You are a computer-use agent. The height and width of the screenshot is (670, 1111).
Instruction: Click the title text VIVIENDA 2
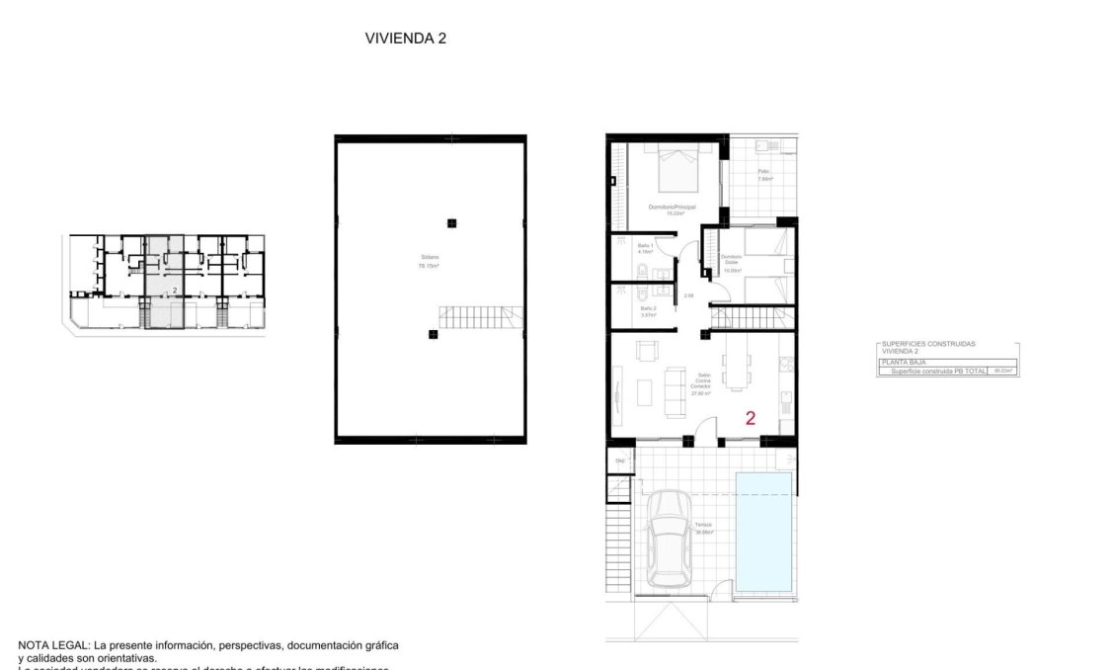tap(407, 39)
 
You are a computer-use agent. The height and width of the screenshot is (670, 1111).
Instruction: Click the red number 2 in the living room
tap(751, 418)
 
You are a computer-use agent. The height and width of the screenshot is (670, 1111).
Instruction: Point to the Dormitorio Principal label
tap(673, 208)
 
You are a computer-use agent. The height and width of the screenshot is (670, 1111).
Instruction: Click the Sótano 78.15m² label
tap(429, 262)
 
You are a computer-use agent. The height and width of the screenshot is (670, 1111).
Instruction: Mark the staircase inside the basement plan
tap(480, 318)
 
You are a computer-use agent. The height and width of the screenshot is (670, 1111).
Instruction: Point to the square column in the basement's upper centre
tap(451, 222)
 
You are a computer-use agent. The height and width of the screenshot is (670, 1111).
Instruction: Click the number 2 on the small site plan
tap(175, 290)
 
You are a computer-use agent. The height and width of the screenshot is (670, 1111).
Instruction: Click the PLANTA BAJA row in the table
tap(900, 363)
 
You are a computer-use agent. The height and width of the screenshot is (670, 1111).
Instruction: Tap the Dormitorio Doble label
tap(731, 263)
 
